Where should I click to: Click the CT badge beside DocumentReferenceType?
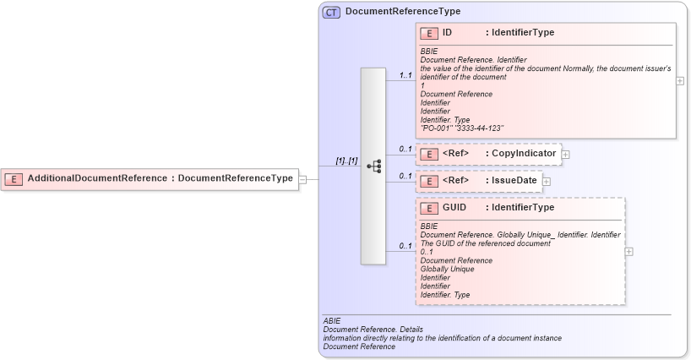pos(331,12)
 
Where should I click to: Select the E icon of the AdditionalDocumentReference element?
pos(14,178)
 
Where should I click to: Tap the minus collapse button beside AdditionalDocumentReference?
pos(302,178)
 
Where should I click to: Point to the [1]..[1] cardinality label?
pos(346,161)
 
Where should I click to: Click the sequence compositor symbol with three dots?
pos(373,166)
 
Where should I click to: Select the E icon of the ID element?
pos(429,33)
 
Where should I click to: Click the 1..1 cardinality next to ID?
pos(405,76)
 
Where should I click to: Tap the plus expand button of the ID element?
pos(680,81)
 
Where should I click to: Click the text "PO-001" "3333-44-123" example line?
pos(461,128)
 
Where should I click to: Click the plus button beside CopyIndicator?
pos(566,155)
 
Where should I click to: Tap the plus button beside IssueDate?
pos(546,181)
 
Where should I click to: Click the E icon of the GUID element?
pos(429,208)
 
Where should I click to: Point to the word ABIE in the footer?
pos(332,321)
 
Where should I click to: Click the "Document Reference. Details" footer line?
pos(373,330)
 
